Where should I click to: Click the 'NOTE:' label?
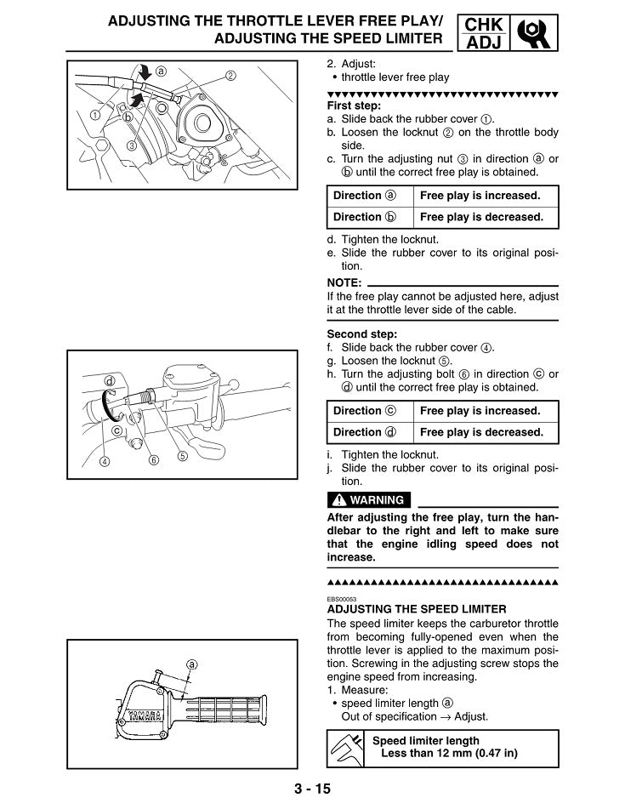pyautogui.click(x=344, y=282)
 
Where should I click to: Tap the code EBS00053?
pyautogui.click(x=342, y=598)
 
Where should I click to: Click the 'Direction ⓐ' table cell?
pyautogui.click(x=369, y=196)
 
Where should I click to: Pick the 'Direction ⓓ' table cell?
pyautogui.click(x=369, y=432)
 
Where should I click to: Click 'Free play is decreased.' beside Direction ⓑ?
pyautogui.click(x=481, y=217)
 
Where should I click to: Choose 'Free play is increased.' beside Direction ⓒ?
pyautogui.click(x=481, y=411)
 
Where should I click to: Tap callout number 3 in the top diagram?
pyautogui.click(x=132, y=145)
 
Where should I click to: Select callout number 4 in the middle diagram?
pyautogui.click(x=105, y=462)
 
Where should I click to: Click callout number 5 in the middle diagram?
pyautogui.click(x=182, y=456)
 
